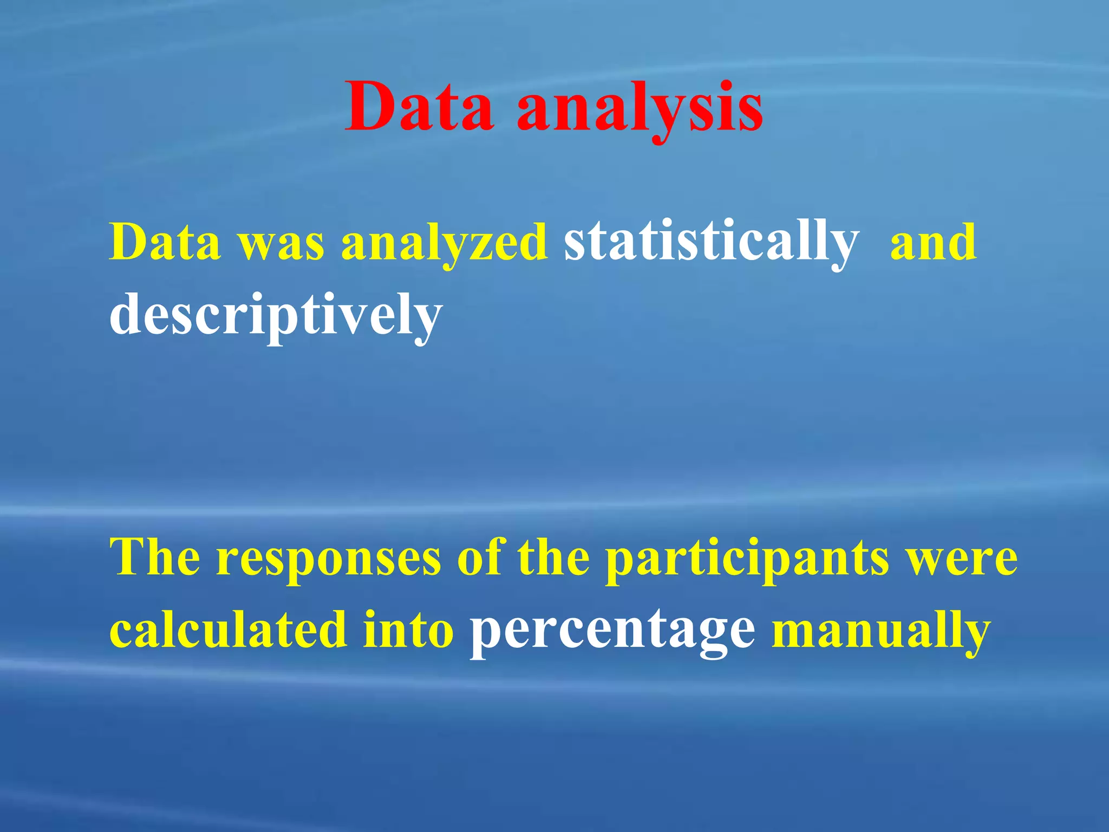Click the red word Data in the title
pyautogui.click(x=420, y=107)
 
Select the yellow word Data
pyautogui.click(x=165, y=242)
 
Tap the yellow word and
pyautogui.click(x=933, y=242)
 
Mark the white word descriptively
pyautogui.click(x=276, y=317)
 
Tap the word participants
pyautogui.click(x=747, y=561)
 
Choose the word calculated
pyautogui.click(x=228, y=630)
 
